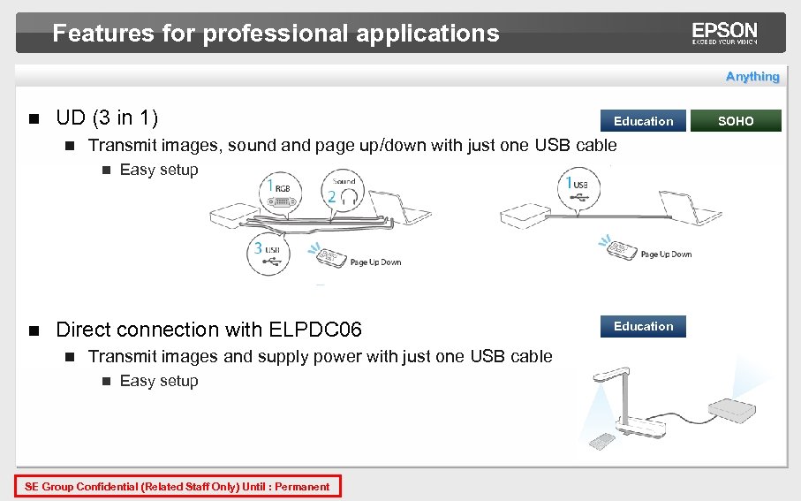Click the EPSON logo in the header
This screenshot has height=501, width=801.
point(724,34)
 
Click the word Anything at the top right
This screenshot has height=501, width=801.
point(752,77)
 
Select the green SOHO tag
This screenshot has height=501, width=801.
point(736,121)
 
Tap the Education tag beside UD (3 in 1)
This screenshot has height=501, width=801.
point(643,121)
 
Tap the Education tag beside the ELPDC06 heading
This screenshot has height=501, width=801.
point(643,327)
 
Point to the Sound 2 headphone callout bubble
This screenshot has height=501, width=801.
point(344,194)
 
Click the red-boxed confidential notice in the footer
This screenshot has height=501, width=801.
point(178,487)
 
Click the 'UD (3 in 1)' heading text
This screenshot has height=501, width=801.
point(107,118)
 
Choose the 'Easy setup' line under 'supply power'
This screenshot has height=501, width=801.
point(159,381)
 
